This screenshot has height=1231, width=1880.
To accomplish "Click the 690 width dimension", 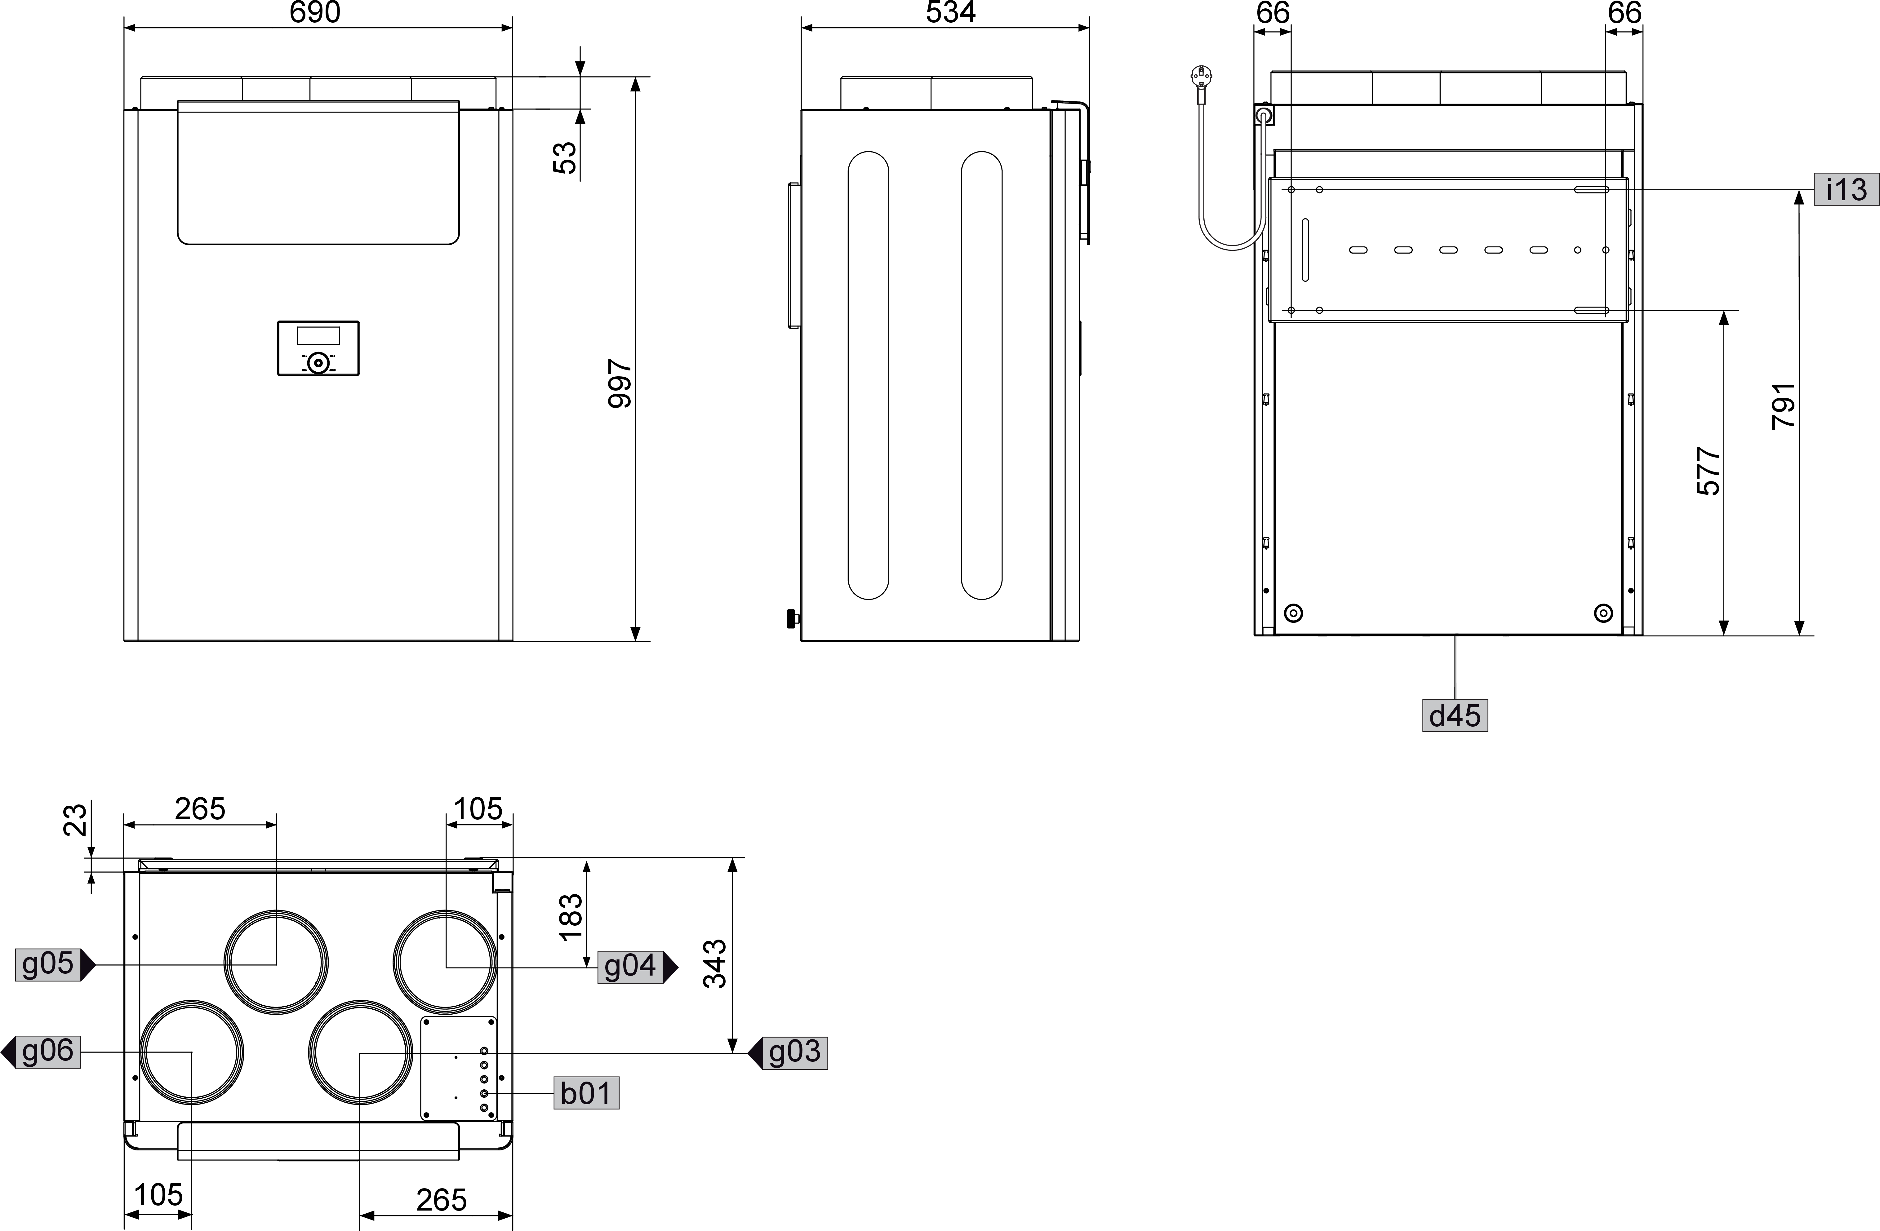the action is pyautogui.click(x=315, y=13).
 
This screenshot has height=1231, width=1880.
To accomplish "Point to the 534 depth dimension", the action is pyautogui.click(x=950, y=13).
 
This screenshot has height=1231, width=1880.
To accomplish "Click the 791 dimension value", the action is pyautogui.click(x=1784, y=406).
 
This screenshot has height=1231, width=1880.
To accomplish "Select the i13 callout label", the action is pyautogui.click(x=1846, y=189).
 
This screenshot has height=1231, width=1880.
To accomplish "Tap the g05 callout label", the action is pyautogui.click(x=48, y=964).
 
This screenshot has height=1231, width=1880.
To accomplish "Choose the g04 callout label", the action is pyautogui.click(x=629, y=967).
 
